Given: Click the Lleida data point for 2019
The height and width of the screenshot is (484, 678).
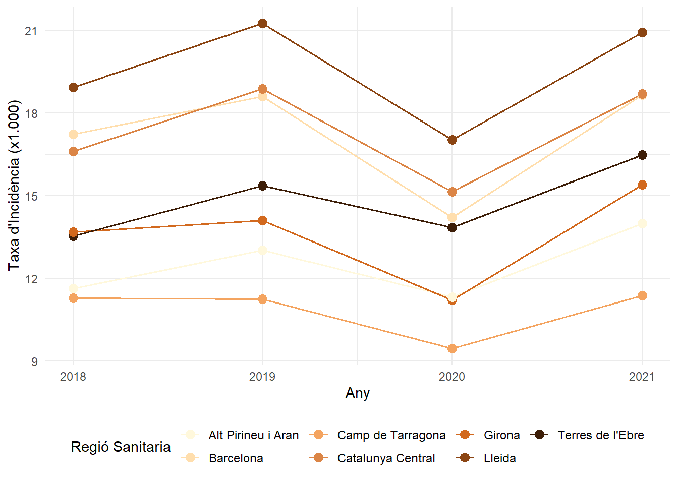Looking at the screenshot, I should (262, 24).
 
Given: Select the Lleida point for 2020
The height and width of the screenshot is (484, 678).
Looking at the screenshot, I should (452, 140).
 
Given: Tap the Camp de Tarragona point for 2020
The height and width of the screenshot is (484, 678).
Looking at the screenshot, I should (452, 349).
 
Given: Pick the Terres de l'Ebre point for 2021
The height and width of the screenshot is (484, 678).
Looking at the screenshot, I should (642, 155).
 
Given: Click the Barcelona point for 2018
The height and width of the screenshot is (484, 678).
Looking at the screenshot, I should (73, 135).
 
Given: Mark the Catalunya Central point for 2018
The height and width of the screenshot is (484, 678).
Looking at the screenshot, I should (73, 152).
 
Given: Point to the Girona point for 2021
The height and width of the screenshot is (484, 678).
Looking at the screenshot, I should (642, 185).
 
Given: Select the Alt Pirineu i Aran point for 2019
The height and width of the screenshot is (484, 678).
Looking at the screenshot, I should (262, 251).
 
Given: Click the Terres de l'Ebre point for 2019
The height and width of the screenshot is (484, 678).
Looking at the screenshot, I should (262, 186).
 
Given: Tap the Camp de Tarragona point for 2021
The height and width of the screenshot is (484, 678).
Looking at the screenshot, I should (642, 296).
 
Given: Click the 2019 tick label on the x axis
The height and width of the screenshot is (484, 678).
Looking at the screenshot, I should (262, 377).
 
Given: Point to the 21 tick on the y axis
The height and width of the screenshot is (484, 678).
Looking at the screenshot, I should (31, 31).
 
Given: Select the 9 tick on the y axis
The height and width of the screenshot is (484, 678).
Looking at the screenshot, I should (34, 362).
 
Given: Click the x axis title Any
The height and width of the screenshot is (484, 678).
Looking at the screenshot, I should (358, 393).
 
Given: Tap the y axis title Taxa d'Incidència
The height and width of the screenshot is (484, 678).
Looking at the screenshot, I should (14, 186).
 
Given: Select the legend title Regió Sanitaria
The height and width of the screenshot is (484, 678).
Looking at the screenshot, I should (121, 447).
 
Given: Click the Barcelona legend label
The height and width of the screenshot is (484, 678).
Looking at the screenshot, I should (236, 458).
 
